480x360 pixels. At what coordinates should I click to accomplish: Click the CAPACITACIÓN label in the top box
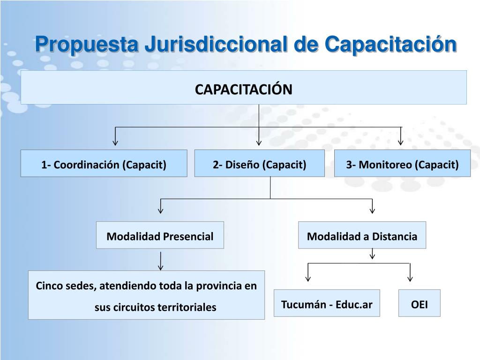coord(244,89)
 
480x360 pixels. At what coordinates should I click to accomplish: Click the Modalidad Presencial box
coord(160,235)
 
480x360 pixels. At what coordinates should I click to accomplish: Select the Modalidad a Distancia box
coord(362,235)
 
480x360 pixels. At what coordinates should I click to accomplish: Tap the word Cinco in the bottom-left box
coord(49,285)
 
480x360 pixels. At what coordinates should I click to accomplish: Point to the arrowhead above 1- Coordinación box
coord(115,142)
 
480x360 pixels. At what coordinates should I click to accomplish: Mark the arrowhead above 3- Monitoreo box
coord(401,142)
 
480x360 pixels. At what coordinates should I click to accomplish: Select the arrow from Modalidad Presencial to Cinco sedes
coord(161,261)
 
